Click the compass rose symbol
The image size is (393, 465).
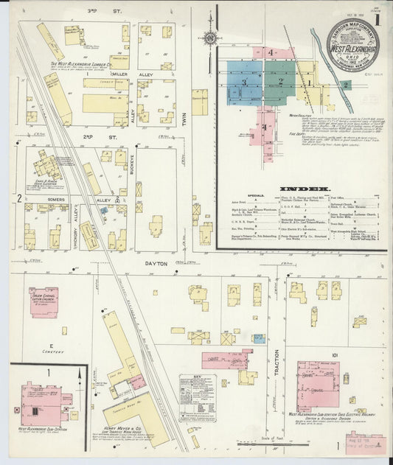click(x=210, y=38)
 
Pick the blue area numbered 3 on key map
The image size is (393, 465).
click(x=244, y=83)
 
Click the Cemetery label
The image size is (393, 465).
click(x=52, y=353)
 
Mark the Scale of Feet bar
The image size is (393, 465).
click(x=293, y=440)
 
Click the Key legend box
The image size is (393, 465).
click(x=197, y=399)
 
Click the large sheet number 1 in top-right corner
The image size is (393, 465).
click(x=377, y=19)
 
